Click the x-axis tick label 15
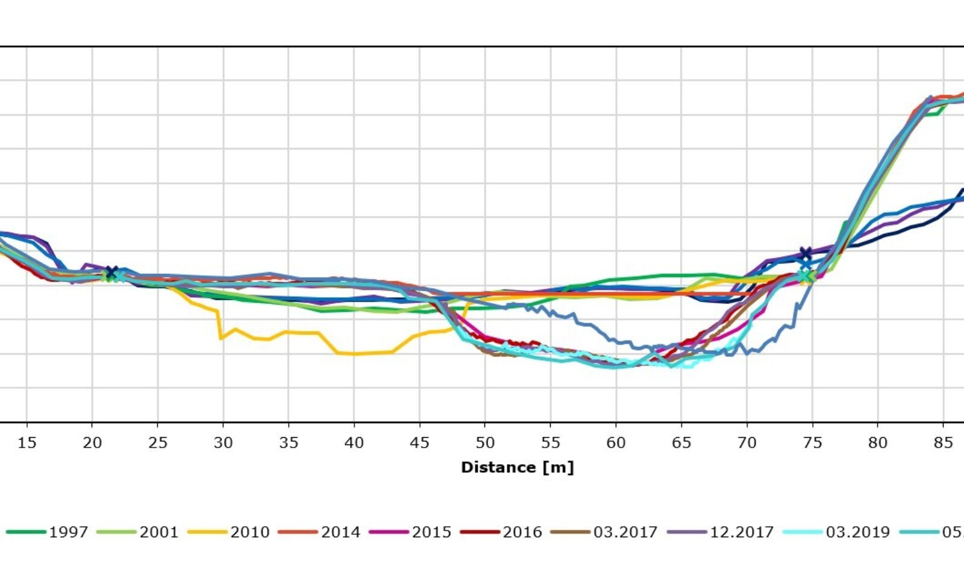(x=27, y=443)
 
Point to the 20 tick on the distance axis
(x=92, y=443)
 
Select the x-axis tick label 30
(x=223, y=443)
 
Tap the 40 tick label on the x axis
(x=354, y=443)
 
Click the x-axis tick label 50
(x=485, y=443)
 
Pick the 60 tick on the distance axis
(x=616, y=443)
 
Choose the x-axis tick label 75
(x=812, y=443)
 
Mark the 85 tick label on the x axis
(x=943, y=443)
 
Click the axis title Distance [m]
(x=517, y=467)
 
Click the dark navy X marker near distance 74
(x=806, y=253)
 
